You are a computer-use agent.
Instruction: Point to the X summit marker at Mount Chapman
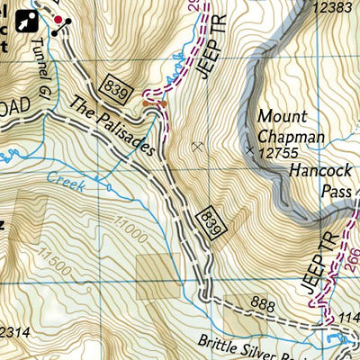click(x=249, y=150)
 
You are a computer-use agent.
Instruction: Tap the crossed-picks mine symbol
click(x=198, y=145)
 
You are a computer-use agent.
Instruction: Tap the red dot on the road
click(x=59, y=20)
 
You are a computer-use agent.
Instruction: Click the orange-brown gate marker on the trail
click(x=155, y=104)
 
